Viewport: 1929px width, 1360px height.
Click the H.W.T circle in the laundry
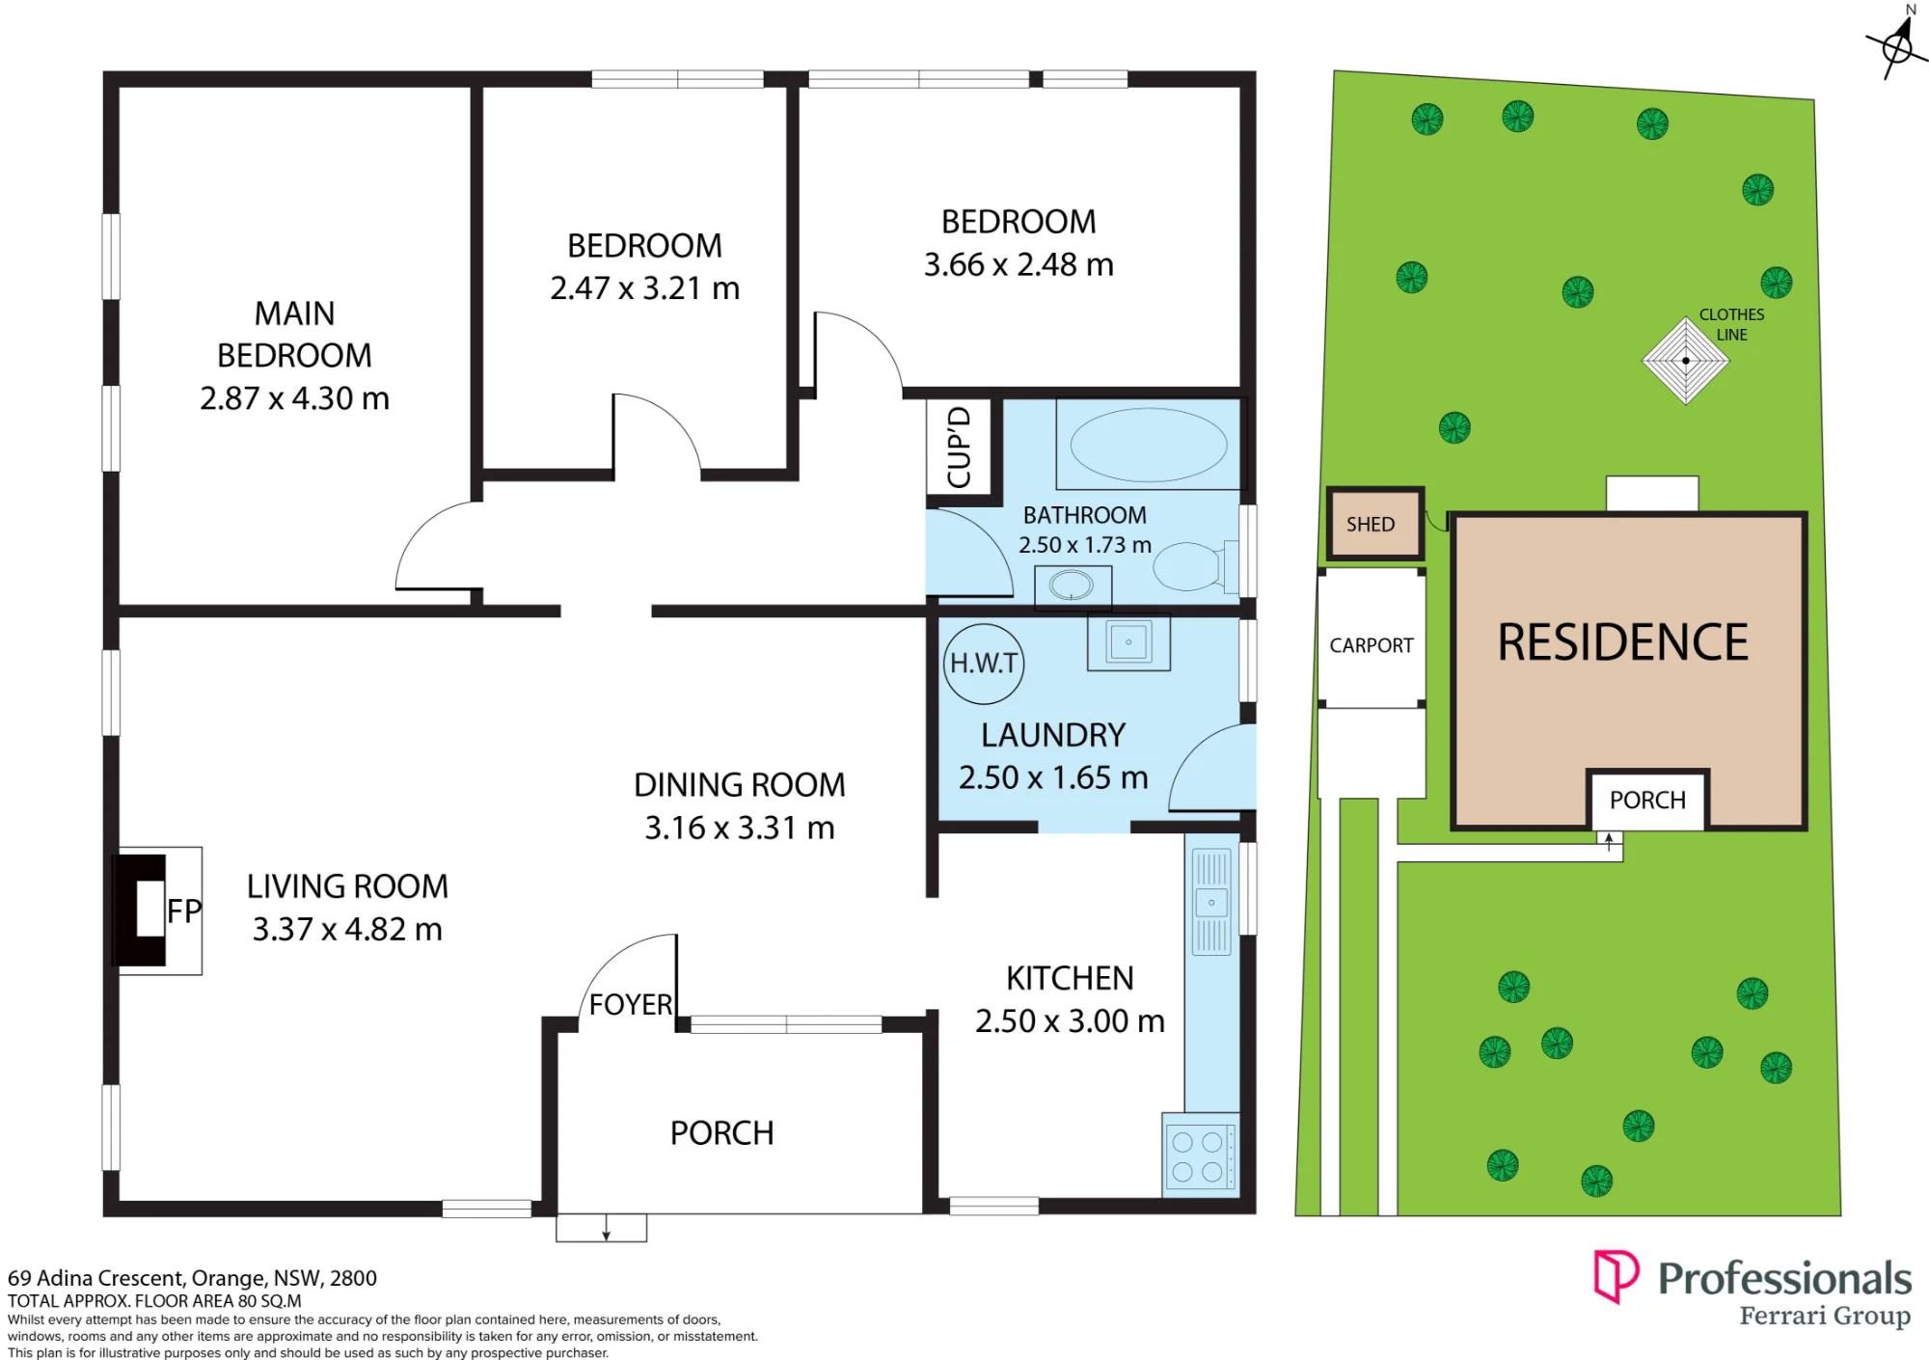coord(984,663)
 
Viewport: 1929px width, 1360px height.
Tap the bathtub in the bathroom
coord(1149,445)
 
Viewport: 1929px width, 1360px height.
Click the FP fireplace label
coord(184,911)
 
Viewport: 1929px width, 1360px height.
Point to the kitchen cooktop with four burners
coord(1200,1156)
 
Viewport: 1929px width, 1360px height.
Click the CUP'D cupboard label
coord(959,448)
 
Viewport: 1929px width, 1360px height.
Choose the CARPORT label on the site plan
coord(1372,645)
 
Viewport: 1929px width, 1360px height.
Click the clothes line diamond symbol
coord(1686,361)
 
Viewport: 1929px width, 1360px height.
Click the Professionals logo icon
coord(1616,1276)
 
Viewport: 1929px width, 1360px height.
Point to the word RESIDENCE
coord(1623,642)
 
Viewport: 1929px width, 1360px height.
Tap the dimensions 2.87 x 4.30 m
coord(294,398)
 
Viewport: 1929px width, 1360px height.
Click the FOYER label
coord(631,1004)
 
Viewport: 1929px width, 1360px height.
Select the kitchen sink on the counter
coord(1211,903)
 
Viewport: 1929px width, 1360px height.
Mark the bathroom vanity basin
coord(1072,585)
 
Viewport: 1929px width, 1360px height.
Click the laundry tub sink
coord(1128,642)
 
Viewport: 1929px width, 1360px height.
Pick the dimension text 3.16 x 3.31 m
coord(740,828)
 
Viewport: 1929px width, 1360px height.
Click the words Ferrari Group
coord(1825,1317)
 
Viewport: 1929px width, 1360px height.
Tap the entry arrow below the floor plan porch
coord(606,1227)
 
